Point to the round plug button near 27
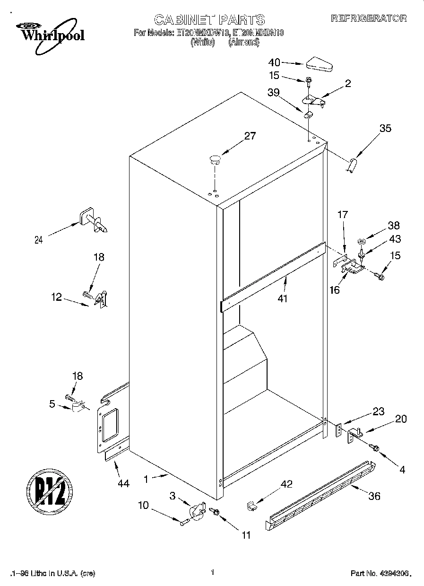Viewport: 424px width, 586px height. click(215, 159)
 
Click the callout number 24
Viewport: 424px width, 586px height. click(38, 240)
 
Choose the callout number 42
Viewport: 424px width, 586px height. click(286, 484)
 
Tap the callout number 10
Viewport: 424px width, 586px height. click(143, 505)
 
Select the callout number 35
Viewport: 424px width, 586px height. click(385, 128)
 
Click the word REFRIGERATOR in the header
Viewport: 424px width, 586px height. click(369, 18)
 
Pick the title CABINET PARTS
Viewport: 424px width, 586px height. click(209, 19)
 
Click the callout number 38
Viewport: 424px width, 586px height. click(393, 226)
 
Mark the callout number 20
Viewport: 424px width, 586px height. click(400, 419)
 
